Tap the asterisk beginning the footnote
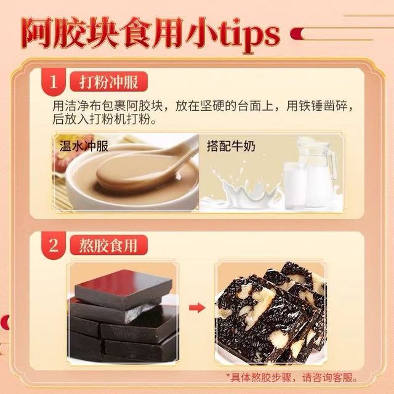click(x=229, y=377)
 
